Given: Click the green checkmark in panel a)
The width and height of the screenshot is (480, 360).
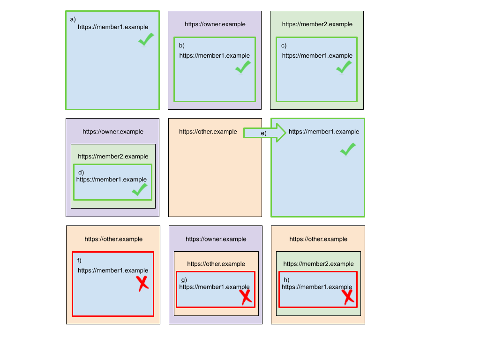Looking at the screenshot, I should click(146, 39).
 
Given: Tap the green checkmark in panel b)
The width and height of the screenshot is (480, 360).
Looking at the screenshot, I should click(243, 67).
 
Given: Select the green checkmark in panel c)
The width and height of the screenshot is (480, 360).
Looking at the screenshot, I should click(344, 67).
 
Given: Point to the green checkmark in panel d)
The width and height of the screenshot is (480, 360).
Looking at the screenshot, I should click(140, 189).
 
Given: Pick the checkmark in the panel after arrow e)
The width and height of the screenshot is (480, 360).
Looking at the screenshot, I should click(347, 150).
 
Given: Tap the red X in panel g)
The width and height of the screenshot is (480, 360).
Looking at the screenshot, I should click(245, 296).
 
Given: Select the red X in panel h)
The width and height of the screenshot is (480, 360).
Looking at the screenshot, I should click(347, 296).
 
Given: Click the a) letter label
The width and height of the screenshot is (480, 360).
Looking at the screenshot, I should click(73, 19).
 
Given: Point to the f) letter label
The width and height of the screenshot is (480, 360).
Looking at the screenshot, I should click(79, 260).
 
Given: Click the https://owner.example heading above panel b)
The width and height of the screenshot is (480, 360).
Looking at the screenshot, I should click(215, 24).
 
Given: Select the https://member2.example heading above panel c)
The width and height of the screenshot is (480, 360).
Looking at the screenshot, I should click(317, 24).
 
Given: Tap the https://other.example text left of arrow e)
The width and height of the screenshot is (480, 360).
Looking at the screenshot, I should click(208, 132).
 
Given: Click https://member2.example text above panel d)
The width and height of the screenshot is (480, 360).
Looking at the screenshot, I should click(113, 157).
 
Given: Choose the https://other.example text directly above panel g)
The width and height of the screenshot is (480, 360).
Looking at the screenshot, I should click(216, 264).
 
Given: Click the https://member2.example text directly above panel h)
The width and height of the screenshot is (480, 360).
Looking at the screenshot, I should click(318, 264).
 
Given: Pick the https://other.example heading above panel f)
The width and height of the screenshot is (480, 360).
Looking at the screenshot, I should click(113, 239).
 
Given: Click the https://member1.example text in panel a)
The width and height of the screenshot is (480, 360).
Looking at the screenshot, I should click(113, 27).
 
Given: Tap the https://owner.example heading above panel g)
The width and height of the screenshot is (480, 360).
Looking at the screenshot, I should click(216, 239).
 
